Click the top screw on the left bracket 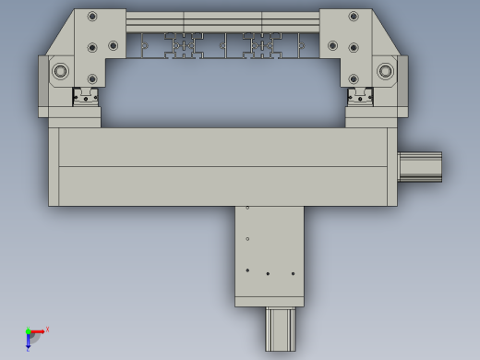[x=92, y=17]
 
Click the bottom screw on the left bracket [x=92, y=79]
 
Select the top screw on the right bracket [x=353, y=17]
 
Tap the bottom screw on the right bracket [x=353, y=79]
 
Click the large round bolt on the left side [x=61, y=71]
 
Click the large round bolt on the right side [x=385, y=71]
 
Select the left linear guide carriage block [x=87, y=97]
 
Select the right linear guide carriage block [x=358, y=97]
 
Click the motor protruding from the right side [x=420, y=166]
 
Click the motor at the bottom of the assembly [x=281, y=329]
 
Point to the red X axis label [x=47, y=329]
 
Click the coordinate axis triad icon [x=31, y=336]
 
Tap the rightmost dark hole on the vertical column [x=293, y=273]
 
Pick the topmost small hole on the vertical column [x=247, y=208]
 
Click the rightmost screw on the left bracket [x=113, y=45]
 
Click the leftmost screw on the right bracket [x=332, y=45]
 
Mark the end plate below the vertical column [x=269, y=302]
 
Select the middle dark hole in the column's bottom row [x=268, y=274]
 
